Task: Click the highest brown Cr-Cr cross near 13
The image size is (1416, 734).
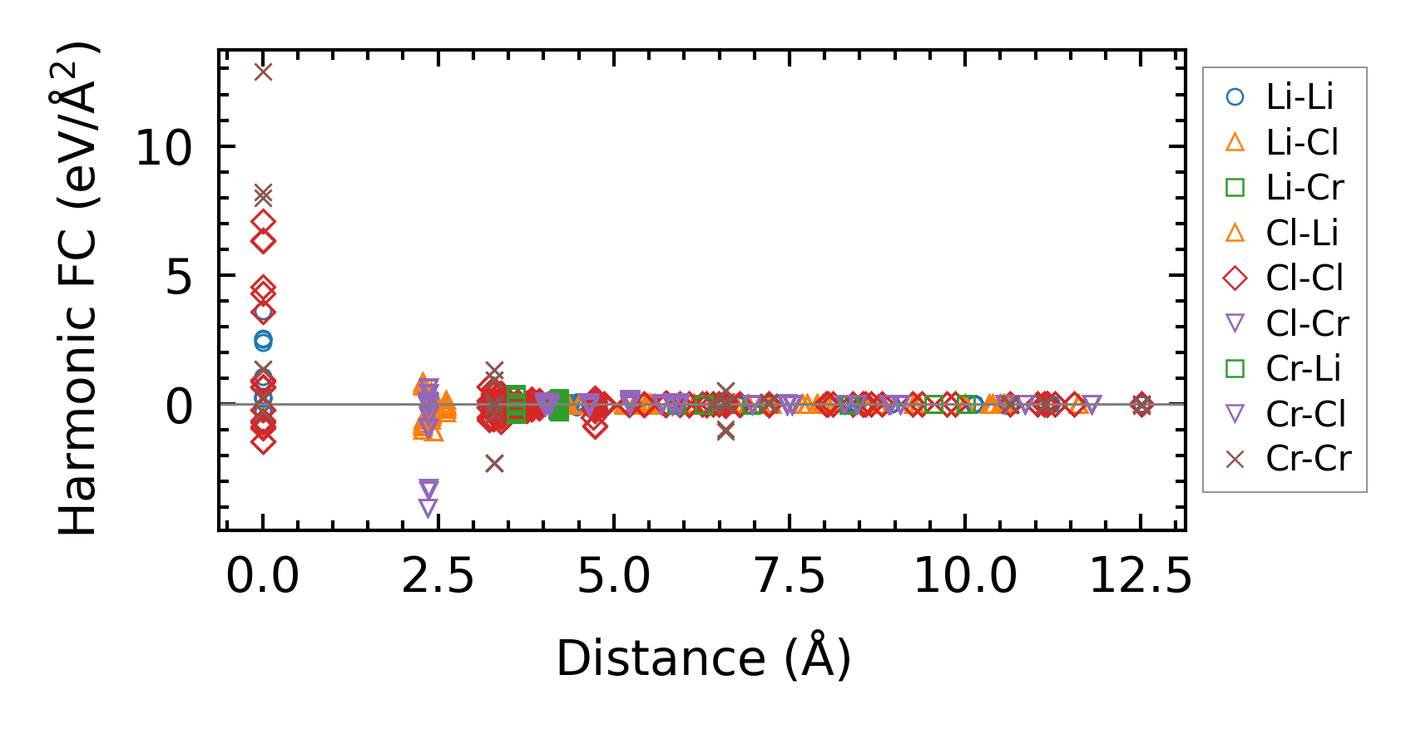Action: pos(263,72)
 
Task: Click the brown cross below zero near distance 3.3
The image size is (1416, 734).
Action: pos(495,464)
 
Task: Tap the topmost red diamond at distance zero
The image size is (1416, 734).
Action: pos(263,222)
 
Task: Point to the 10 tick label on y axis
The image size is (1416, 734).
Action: pos(163,149)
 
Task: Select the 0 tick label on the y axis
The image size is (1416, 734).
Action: pos(178,406)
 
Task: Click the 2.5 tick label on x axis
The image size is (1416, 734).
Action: pos(438,576)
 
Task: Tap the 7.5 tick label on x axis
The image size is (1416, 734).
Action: pos(790,576)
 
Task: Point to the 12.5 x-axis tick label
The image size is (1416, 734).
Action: pos(1141,576)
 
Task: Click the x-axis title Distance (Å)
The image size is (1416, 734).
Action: pos(703,658)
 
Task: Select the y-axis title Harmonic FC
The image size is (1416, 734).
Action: pos(78,288)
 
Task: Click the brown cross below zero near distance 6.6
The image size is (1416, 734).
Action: pos(726,431)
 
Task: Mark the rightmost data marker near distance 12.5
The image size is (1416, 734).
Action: pos(1141,405)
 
